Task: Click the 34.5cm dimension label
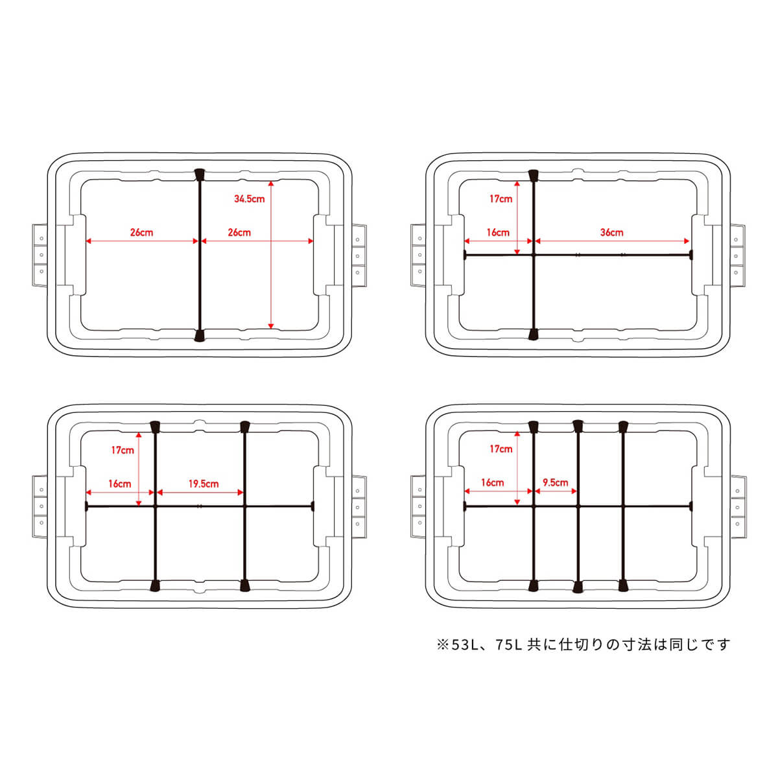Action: click(x=249, y=198)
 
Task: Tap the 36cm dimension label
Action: click(x=611, y=233)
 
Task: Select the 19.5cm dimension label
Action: click(x=204, y=484)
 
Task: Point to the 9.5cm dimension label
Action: click(x=555, y=482)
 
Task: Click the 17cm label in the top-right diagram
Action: click(x=501, y=198)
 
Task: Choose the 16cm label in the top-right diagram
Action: click(x=498, y=233)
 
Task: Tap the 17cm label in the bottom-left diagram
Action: click(x=123, y=450)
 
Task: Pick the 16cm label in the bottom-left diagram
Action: click(x=119, y=484)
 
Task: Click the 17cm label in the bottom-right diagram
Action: click(x=501, y=449)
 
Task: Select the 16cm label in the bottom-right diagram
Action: click(x=492, y=482)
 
